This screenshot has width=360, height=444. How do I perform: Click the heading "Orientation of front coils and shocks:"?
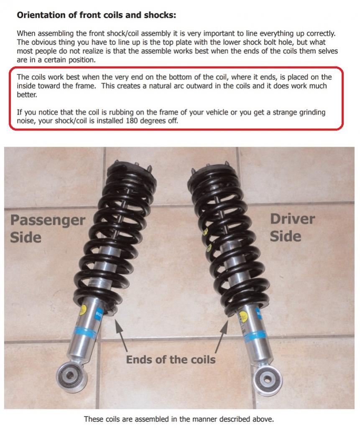97,15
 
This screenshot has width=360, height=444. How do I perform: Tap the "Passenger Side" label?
48,228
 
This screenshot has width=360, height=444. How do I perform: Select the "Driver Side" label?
292,228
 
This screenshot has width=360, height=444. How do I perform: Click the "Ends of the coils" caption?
171,359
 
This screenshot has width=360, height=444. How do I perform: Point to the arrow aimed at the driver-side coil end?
222,336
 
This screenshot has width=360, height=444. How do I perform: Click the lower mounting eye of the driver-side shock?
267,378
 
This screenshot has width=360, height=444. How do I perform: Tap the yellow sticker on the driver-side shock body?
243,317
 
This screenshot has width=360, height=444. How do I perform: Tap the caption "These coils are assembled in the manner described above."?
179,419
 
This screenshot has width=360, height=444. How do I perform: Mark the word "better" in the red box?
27,95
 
